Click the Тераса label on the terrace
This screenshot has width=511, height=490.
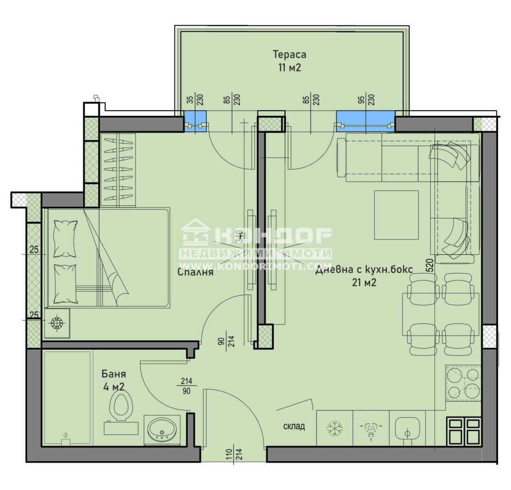click(x=289, y=54)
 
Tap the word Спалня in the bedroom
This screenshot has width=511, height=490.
click(x=196, y=272)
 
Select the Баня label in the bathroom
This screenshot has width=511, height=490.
click(x=114, y=374)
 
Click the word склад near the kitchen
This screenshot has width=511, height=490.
click(x=294, y=426)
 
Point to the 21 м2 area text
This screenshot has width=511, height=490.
click(x=364, y=282)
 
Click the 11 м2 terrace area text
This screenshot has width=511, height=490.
click(x=290, y=68)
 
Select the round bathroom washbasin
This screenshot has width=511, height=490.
click(x=162, y=430)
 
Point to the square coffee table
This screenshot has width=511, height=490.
click(x=396, y=215)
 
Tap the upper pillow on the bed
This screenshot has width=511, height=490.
click(x=65, y=239)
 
